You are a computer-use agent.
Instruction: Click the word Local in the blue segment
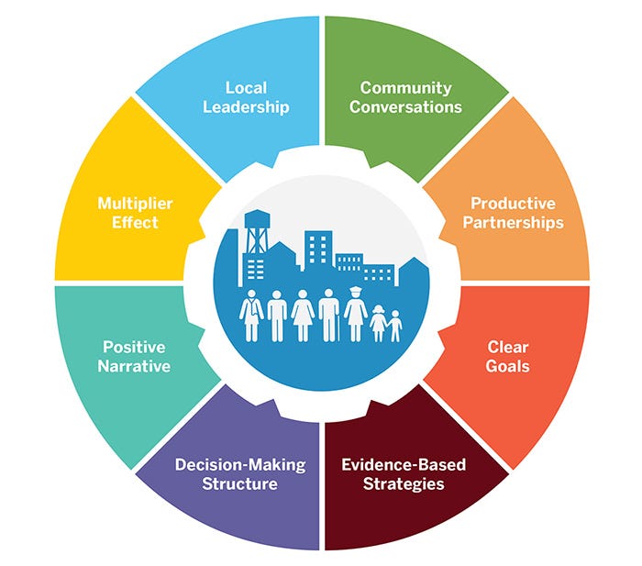pyautogui.click(x=246, y=88)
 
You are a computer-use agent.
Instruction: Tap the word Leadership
pyautogui.click(x=246, y=107)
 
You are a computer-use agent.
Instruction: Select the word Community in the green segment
pyautogui.click(x=405, y=88)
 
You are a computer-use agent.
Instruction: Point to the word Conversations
pyautogui.click(x=405, y=107)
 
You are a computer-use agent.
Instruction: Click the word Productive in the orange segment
pyautogui.click(x=513, y=203)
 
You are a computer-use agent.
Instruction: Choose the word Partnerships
pyautogui.click(x=513, y=223)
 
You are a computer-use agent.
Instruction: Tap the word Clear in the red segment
pyautogui.click(x=508, y=348)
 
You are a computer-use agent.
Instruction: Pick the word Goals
pyautogui.click(x=508, y=366)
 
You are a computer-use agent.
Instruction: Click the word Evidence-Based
pyautogui.click(x=404, y=465)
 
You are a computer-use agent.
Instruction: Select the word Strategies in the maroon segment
pyautogui.click(x=404, y=484)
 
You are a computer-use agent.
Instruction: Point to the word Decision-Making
pyautogui.click(x=240, y=465)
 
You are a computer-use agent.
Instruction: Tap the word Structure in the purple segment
pyautogui.click(x=240, y=484)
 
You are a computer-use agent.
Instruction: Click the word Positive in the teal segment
pyautogui.click(x=134, y=348)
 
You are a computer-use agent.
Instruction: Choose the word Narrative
pyautogui.click(x=134, y=366)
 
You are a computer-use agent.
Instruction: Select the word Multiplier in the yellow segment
pyautogui.click(x=135, y=204)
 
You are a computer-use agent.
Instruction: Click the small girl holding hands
pyautogui.click(x=378, y=324)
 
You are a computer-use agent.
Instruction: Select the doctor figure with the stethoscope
pyautogui.click(x=251, y=316)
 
